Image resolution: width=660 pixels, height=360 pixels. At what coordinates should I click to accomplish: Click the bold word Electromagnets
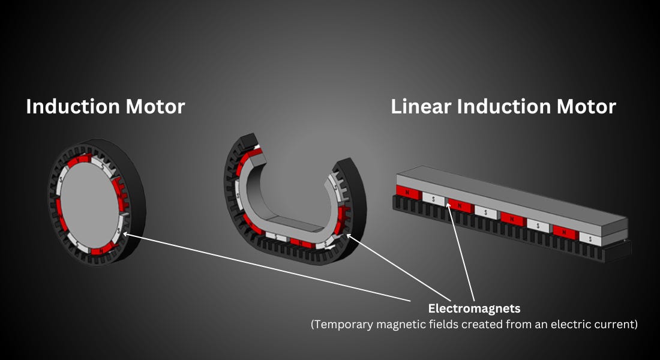pyautogui.click(x=474, y=309)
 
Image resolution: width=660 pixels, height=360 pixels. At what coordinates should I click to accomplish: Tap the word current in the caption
pyautogui.click(x=614, y=325)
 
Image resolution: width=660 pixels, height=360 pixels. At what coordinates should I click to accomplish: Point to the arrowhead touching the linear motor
pyautogui.click(x=448, y=204)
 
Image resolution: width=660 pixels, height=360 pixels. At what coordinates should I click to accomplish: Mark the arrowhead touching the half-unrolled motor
pyautogui.click(x=349, y=236)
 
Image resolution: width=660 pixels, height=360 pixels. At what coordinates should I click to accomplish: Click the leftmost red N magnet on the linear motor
pyautogui.click(x=407, y=193)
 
